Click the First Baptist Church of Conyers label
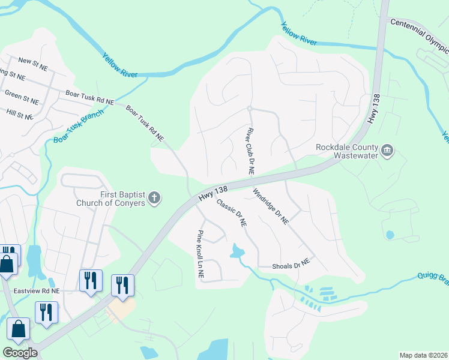click(x=110, y=198)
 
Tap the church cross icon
click(x=154, y=198)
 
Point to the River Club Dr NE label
click(x=249, y=151)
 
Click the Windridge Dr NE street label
click(x=271, y=206)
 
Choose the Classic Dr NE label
click(x=231, y=212)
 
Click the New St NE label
click(x=33, y=61)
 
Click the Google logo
click(x=20, y=353)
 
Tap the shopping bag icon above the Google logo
click(x=18, y=329)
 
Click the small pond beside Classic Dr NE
click(x=238, y=251)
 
